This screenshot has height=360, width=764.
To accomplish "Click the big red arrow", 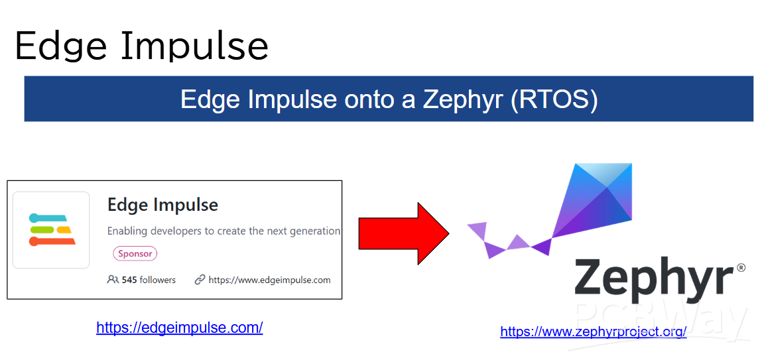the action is point(404,234).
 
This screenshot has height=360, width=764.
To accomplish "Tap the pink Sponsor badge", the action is point(135,253).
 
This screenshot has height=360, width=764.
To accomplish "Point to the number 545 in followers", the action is point(129,280).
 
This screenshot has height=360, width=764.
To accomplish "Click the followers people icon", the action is point(113,280).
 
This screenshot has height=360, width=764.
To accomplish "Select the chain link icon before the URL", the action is point(199,280).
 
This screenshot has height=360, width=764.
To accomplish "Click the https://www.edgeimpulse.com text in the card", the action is point(269,280).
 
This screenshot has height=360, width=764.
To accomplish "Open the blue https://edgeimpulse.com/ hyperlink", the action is point(180,328).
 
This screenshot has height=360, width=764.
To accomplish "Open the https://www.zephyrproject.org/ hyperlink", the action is point(594,331).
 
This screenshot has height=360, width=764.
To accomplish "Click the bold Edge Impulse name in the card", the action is point(162,205).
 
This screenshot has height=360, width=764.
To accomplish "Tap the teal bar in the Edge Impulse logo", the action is point(48,217).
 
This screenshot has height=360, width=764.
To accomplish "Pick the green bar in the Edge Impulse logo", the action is point(42,229).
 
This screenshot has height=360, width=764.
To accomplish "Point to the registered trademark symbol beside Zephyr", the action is point(741,267).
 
